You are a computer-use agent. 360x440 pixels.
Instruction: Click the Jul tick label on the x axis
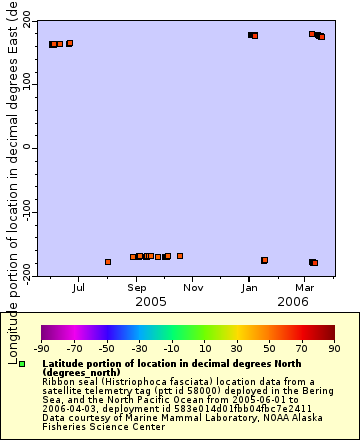click(x=79, y=288)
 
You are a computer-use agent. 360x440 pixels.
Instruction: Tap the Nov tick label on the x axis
click(x=193, y=288)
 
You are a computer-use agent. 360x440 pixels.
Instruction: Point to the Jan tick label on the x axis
click(x=250, y=288)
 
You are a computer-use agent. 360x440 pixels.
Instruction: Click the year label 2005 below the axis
click(x=150, y=301)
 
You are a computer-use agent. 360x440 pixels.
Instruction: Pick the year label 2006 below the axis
click(x=293, y=301)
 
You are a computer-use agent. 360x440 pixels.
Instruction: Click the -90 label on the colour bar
click(x=41, y=348)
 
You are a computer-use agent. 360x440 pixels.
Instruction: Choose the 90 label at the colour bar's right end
click(x=333, y=348)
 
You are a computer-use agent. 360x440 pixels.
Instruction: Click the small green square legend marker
click(x=21, y=364)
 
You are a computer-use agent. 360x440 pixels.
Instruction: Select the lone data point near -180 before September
click(x=108, y=262)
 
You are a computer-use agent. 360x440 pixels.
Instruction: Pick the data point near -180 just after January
click(x=265, y=260)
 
